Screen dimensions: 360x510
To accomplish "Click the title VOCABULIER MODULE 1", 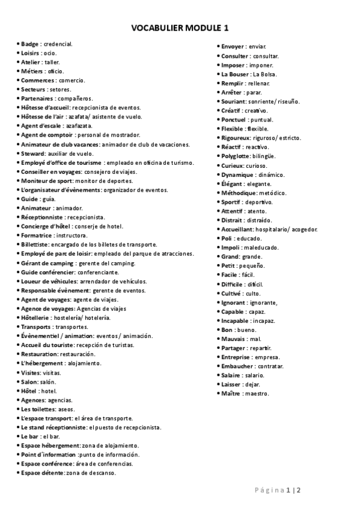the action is tap(180, 28).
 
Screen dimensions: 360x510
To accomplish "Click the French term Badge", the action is tap(29, 44).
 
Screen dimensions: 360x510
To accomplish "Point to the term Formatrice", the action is tap(37, 235).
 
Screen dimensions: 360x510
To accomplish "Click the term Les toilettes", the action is tap(38, 409).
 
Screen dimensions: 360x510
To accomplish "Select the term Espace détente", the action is tap(42, 473).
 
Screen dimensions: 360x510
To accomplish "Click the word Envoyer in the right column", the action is tap(233, 46).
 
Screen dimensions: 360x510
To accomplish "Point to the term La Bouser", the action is tap(236, 74).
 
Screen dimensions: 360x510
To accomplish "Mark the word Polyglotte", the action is tap(236, 156).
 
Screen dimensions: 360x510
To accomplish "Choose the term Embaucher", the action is tap(237, 366).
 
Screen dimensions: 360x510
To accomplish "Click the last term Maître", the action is tap(231, 393).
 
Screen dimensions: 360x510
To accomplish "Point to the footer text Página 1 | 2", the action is tap(276, 490).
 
